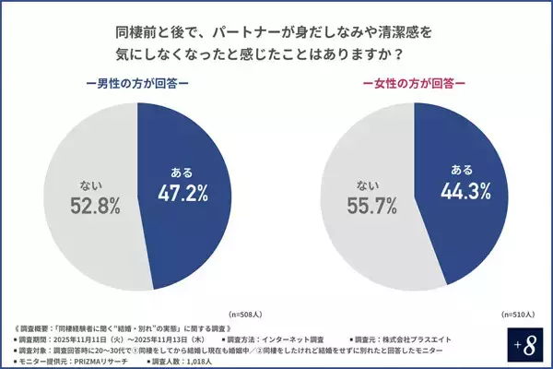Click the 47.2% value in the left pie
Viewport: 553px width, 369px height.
coord(182,193)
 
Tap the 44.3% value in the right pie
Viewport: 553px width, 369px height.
coord(458,191)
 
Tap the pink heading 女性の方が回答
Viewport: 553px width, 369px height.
coord(414,82)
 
